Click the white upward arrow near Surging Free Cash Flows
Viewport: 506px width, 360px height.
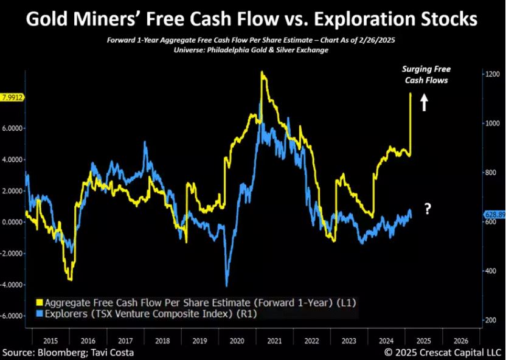pyautogui.click(x=425, y=102)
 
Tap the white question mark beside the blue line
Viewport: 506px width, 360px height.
pyautogui.click(x=428, y=210)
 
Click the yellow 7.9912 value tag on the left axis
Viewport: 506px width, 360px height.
pyautogui.click(x=13, y=97)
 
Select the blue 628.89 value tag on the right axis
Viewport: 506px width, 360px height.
pyautogui.click(x=494, y=215)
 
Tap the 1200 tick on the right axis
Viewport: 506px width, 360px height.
pyautogui.click(x=493, y=74)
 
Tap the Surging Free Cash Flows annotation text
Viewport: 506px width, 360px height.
pyautogui.click(x=426, y=75)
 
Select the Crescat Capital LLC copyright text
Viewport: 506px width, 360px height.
pyautogui.click(x=443, y=353)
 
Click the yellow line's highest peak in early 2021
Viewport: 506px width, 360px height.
pyautogui.click(x=262, y=72)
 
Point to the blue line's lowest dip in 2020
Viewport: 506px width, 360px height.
pyautogui.click(x=227, y=286)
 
